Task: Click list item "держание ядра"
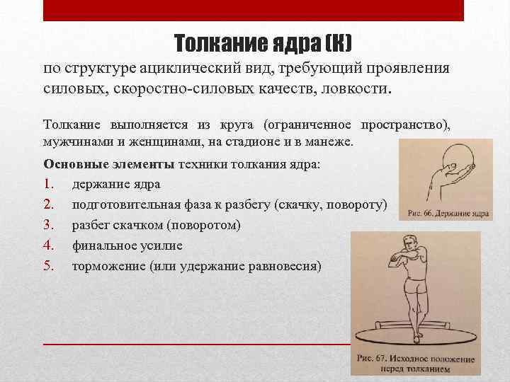pos(115,184)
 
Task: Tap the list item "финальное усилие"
pos(127,245)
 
